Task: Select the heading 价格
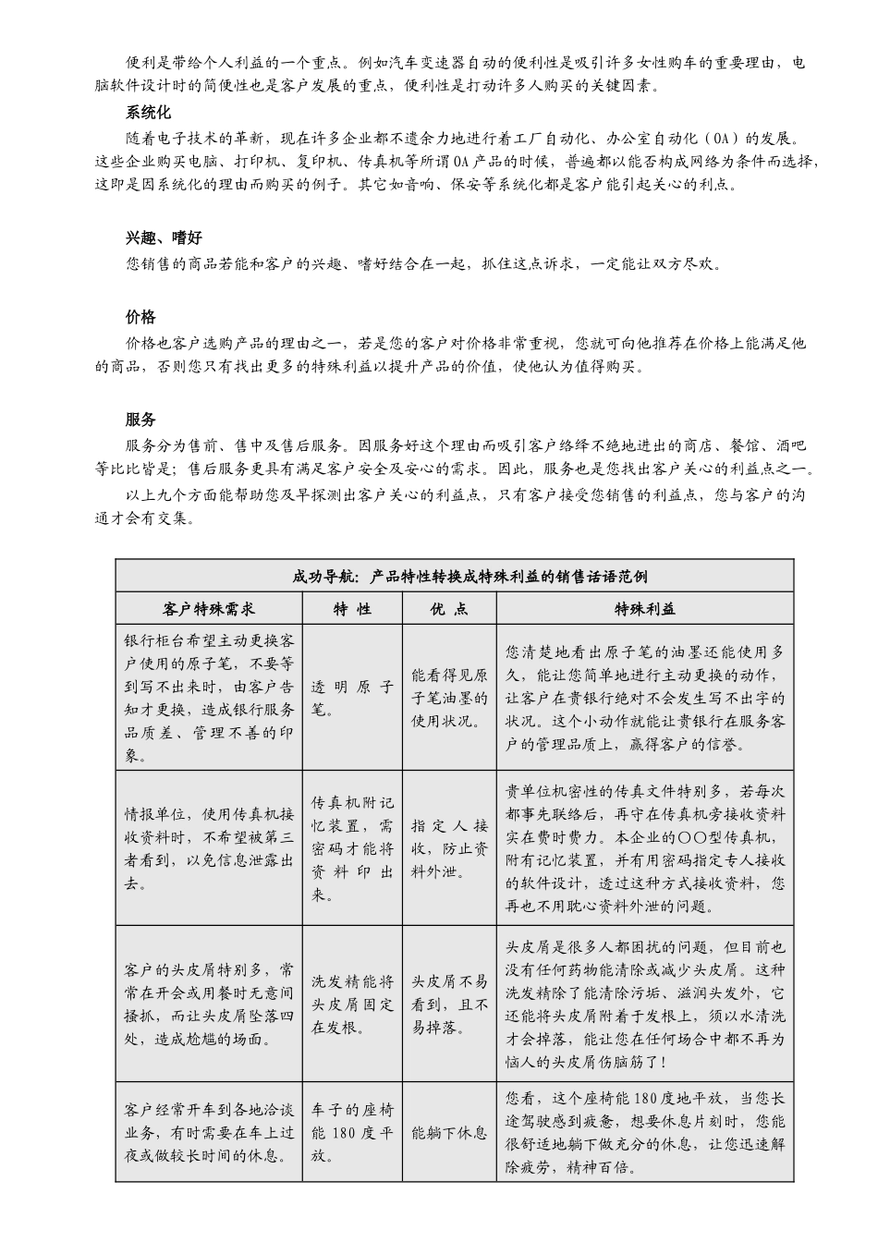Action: click(x=140, y=317)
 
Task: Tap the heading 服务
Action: click(x=140, y=420)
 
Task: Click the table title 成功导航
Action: click(x=454, y=577)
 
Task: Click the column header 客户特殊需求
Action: click(x=209, y=608)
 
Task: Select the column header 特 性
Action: click(x=352, y=608)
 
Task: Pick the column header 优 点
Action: click(x=449, y=608)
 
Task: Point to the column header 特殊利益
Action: click(x=645, y=608)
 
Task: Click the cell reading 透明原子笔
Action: click(x=352, y=698)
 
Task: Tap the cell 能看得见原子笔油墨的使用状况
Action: click(x=449, y=698)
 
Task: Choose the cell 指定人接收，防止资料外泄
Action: click(x=449, y=848)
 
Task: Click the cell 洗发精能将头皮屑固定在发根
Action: click(x=352, y=1005)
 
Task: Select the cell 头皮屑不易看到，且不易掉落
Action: click(x=449, y=1005)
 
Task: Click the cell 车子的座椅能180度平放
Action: click(x=352, y=1132)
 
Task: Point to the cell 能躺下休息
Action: click(x=449, y=1132)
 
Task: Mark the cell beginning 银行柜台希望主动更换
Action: click(x=209, y=698)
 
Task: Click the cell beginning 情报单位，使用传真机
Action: click(x=209, y=848)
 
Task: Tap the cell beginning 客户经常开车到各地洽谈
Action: click(x=209, y=1132)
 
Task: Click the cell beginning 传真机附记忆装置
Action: click(x=352, y=848)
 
